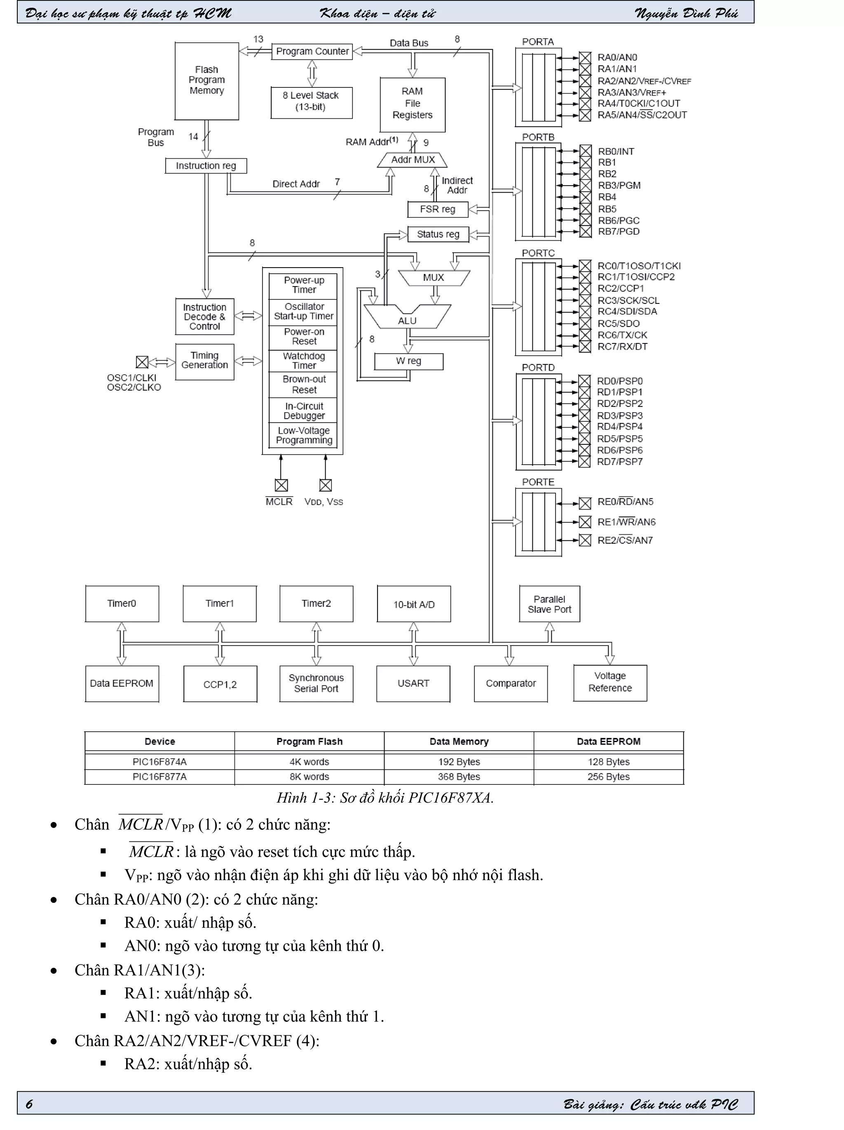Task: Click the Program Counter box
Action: [312, 52]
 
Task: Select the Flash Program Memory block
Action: [206, 81]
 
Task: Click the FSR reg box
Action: [437, 209]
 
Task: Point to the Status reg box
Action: [438, 235]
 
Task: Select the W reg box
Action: [408, 361]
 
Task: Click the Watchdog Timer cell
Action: [303, 361]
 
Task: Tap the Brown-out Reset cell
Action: [303, 385]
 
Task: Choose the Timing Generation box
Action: [204, 361]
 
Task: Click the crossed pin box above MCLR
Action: [281, 485]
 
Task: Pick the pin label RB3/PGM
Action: [619, 186]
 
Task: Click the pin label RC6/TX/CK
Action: [622, 335]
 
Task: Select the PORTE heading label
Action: [538, 482]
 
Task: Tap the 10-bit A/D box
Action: [414, 604]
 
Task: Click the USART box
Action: [413, 684]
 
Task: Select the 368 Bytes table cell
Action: [459, 777]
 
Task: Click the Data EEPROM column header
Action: [608, 742]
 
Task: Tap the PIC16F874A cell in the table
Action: [159, 762]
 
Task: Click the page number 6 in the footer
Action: [29, 1104]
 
